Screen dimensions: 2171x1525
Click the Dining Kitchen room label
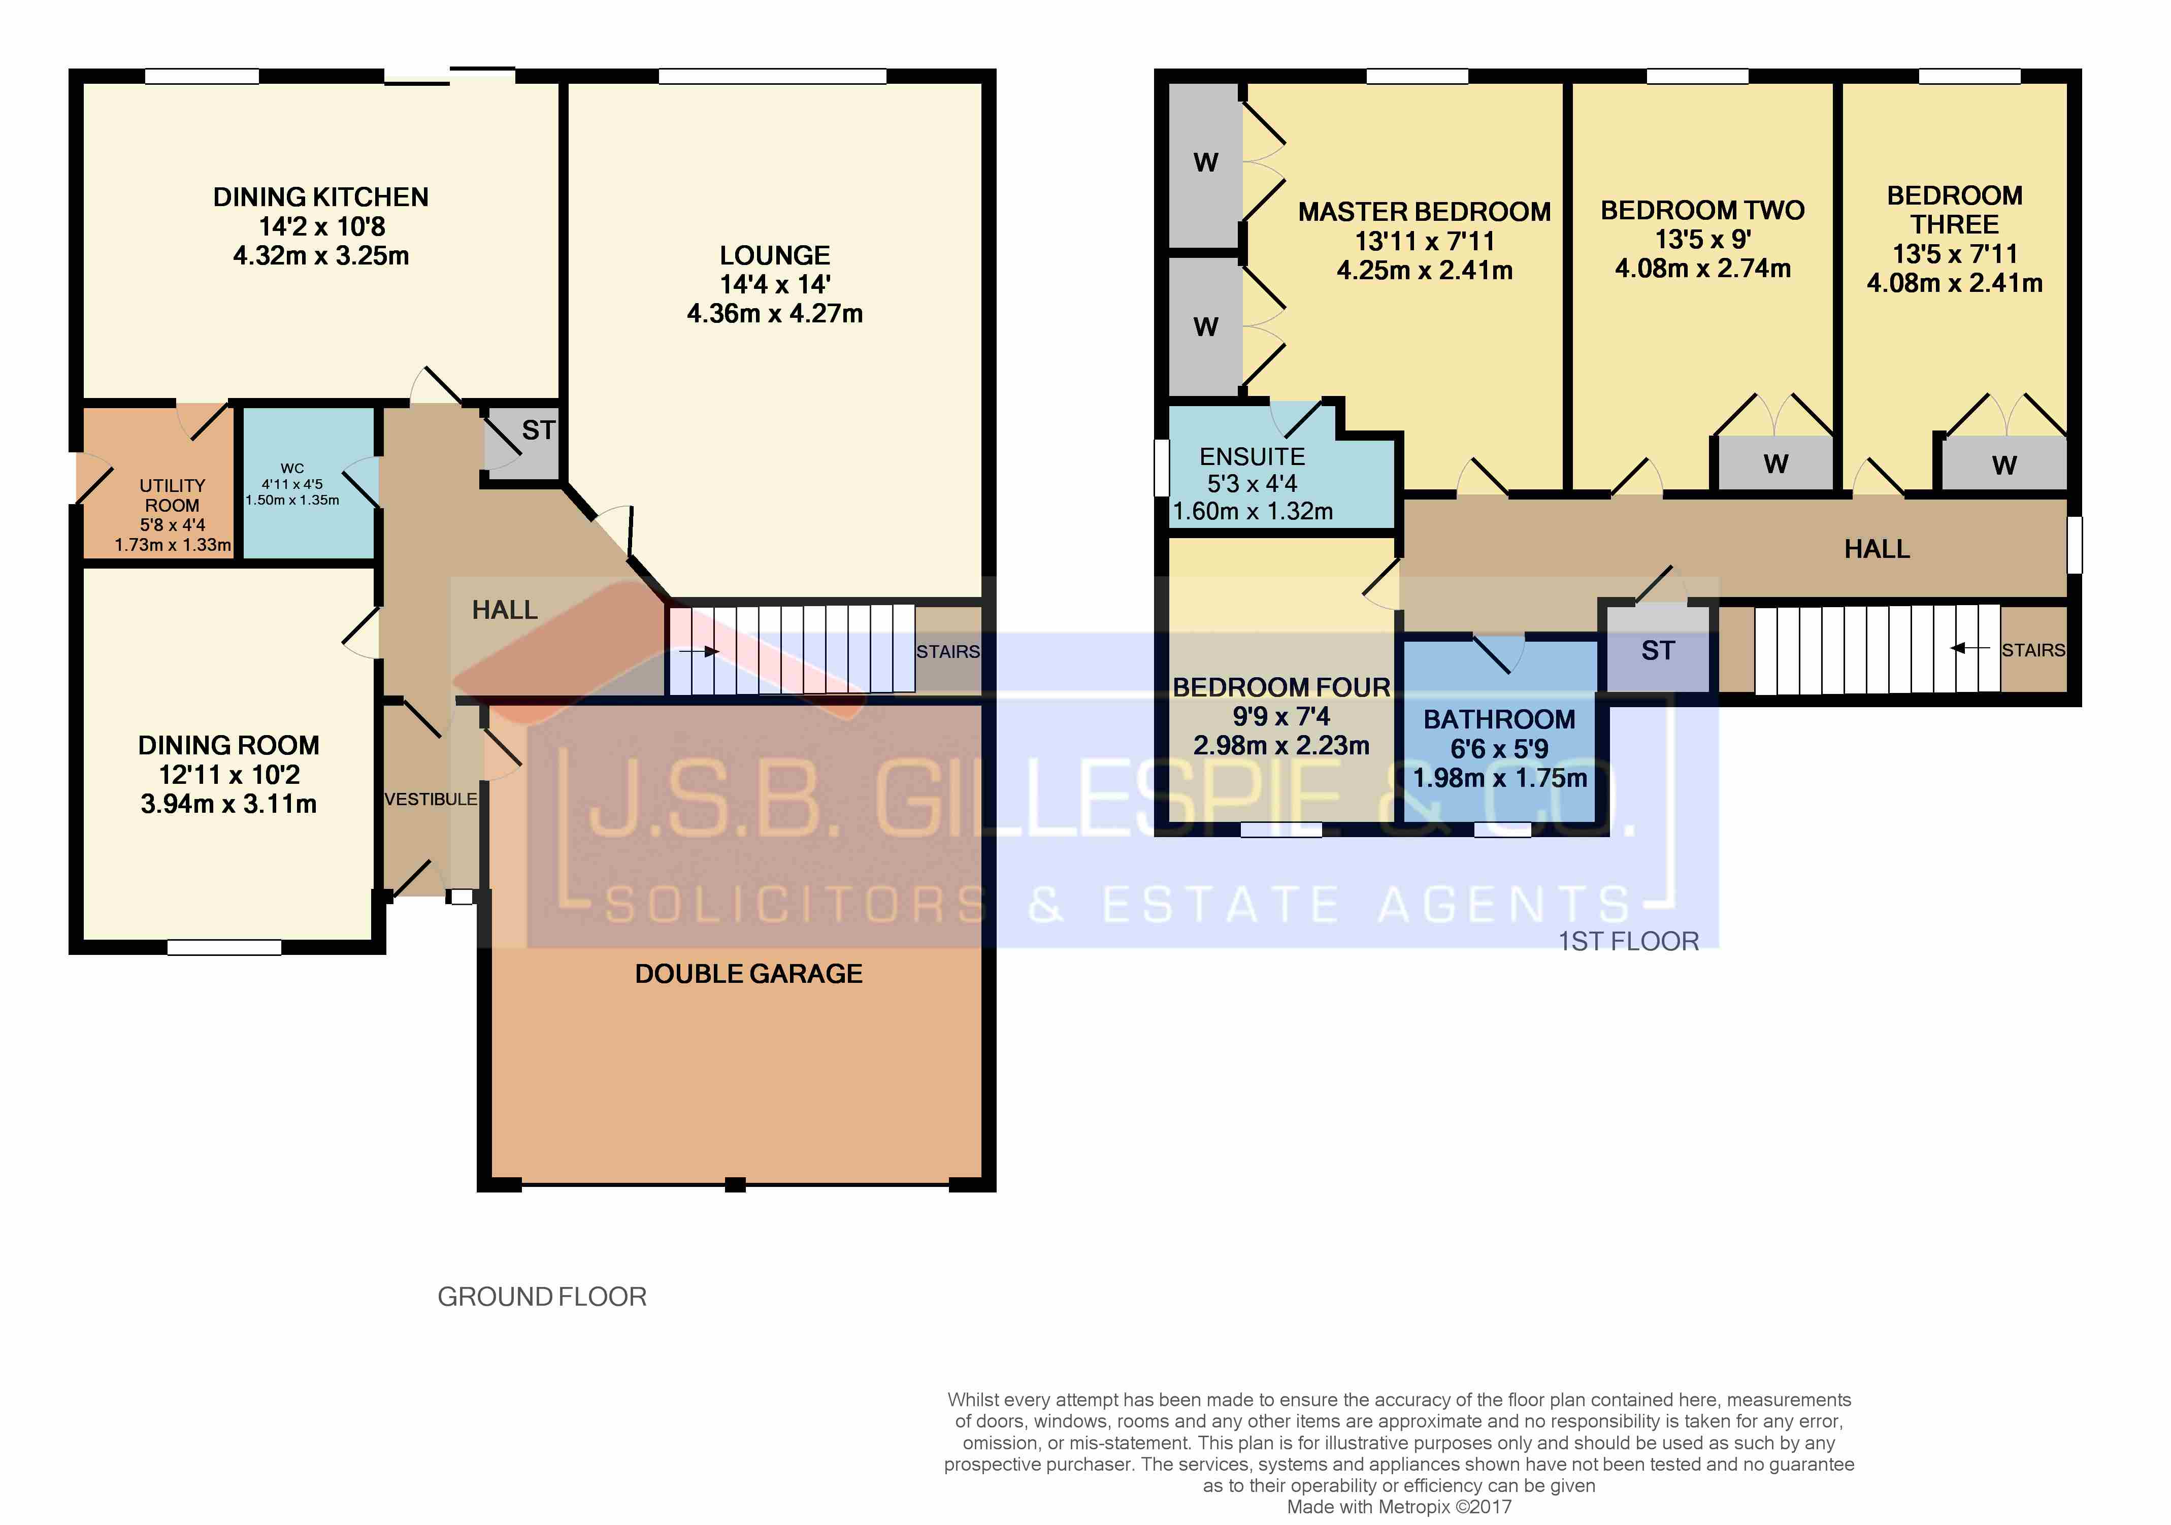pos(320,196)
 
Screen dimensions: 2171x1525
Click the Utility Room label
pos(172,495)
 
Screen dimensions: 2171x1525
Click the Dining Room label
pos(229,745)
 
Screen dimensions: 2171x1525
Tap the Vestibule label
pos(430,799)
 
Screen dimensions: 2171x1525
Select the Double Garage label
pos(749,974)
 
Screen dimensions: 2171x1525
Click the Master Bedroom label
pos(1424,212)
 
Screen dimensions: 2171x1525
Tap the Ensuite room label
pos(1252,457)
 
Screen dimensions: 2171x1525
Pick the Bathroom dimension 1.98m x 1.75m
pos(1500,778)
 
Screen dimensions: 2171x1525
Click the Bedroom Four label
pos(1281,687)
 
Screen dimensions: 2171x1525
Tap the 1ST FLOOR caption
pos(1628,942)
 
